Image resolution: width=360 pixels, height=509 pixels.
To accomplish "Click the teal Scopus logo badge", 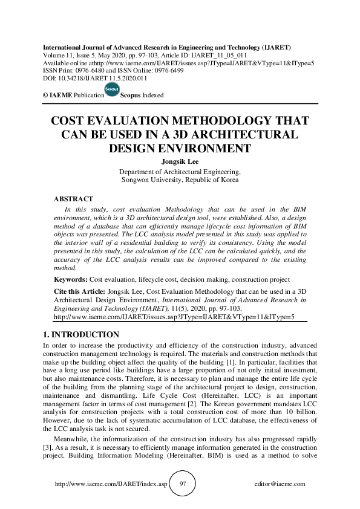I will [111, 88].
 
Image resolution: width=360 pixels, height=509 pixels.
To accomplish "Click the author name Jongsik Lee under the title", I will [180, 161].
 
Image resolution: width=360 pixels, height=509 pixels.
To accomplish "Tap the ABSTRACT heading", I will [73, 199].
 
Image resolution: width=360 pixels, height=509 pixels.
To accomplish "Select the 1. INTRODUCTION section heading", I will [81, 334].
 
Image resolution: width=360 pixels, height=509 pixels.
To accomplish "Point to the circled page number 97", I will [182, 484].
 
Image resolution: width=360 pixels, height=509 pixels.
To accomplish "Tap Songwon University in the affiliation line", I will [155, 180].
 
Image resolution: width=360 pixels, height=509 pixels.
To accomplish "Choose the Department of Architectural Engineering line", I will [180, 171].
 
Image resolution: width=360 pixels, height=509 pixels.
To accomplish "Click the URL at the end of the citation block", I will [174, 316].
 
